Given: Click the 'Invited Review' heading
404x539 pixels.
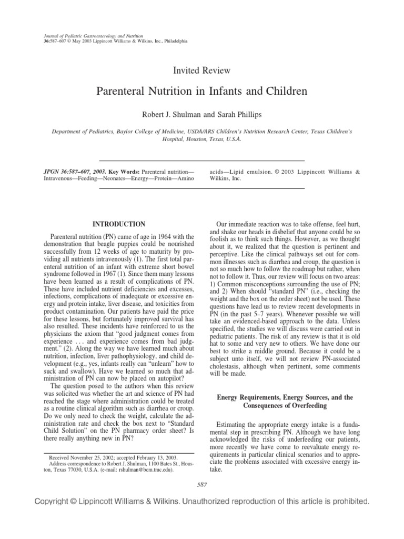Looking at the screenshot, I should coord(202,70).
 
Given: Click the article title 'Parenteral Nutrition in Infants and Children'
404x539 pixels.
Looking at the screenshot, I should coord(202,91).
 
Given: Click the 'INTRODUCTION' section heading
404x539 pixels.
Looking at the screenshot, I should coord(119,224).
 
